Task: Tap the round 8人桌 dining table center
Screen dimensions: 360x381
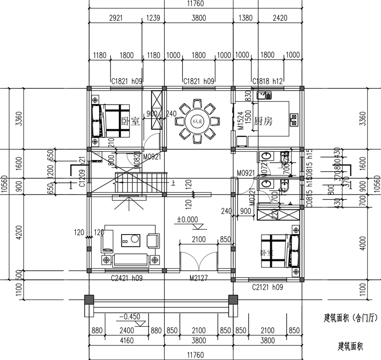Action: [x=197, y=122]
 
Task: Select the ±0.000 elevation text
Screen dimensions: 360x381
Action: [x=188, y=220]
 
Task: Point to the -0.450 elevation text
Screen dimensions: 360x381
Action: [x=129, y=317]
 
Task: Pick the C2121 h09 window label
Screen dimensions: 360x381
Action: [x=267, y=288]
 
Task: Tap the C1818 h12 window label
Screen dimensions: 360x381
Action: [x=268, y=82]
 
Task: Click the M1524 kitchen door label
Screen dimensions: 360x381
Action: [x=241, y=122]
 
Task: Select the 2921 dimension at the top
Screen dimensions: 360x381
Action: [x=116, y=18]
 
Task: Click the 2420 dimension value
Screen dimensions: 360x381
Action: [x=280, y=18]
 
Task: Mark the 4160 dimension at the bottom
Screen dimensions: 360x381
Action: [x=125, y=340]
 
